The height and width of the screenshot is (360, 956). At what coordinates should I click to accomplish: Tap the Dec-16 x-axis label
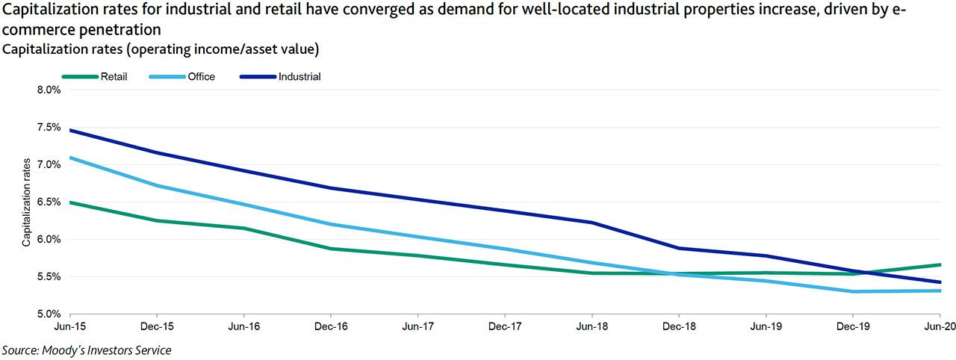pos(331,326)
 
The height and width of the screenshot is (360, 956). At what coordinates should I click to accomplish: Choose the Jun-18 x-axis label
pos(592,326)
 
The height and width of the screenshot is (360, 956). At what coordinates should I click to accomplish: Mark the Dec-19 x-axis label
pos(852,326)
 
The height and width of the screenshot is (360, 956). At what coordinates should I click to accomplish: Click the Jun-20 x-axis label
pos(940,326)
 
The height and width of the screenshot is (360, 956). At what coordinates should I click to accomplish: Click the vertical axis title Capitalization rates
pos(26,202)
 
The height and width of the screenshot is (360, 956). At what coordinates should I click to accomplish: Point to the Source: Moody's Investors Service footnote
pos(87,350)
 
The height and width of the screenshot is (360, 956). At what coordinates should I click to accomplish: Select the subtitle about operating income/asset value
pos(161,49)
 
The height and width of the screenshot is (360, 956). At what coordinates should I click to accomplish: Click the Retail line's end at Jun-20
pos(940,264)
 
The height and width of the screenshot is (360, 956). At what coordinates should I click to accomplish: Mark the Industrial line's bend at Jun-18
pos(592,222)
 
